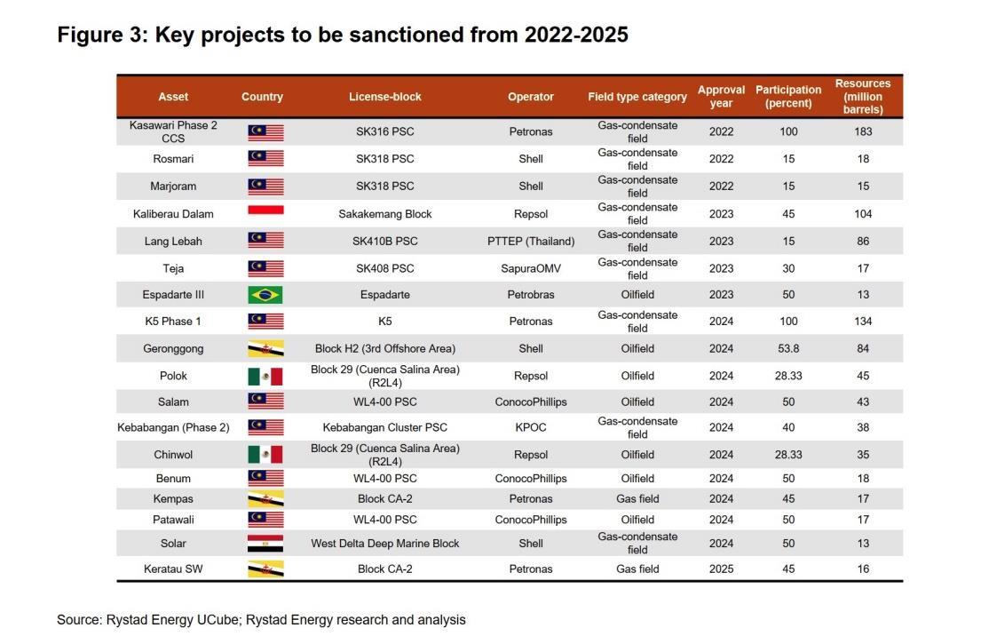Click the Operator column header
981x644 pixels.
pos(531,97)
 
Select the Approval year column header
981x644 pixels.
pos(721,97)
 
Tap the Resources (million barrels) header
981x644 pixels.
pos(863,97)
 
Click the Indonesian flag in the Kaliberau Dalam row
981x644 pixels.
pos(265,211)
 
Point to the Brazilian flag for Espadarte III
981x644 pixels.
pos(265,295)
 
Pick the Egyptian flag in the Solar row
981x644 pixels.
pos(265,544)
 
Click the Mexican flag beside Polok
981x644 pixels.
pos(265,376)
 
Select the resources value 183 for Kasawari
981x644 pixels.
pos(863,131)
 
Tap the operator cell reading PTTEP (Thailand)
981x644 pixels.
pos(531,241)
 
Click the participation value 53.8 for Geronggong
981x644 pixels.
pos(788,349)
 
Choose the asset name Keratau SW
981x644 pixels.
pos(173,569)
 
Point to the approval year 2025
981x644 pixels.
pos(721,569)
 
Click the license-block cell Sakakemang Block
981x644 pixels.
pos(385,214)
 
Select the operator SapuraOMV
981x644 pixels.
pos(531,268)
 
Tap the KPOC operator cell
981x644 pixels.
pos(531,427)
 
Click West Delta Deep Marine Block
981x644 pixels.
pos(385,544)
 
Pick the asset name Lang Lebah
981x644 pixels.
pos(173,241)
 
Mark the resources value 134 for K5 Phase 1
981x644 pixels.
pos(863,322)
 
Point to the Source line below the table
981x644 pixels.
pos(261,620)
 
